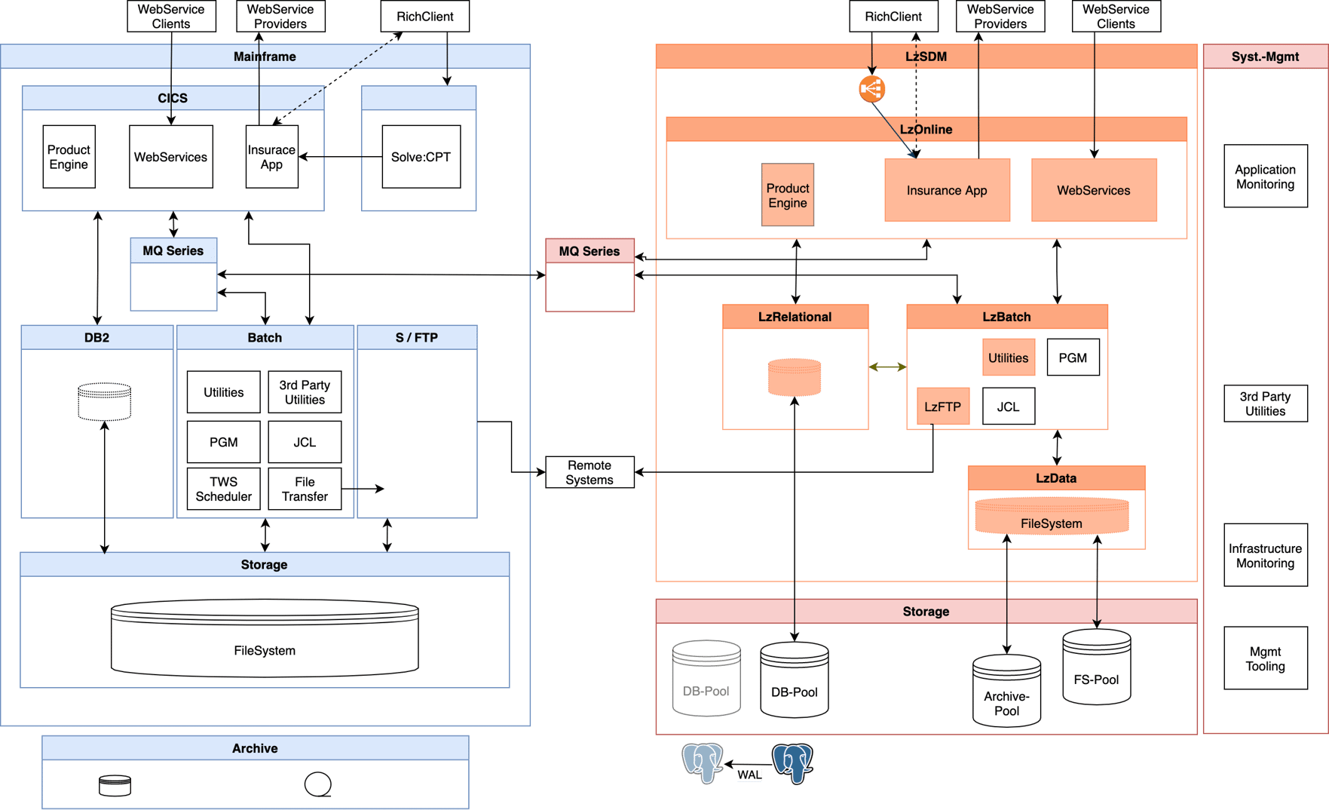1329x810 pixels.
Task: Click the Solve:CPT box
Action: [x=421, y=157]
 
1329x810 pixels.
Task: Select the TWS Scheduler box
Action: [x=223, y=489]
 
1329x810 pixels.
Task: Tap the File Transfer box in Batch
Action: [x=305, y=489]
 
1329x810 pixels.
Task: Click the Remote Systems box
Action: [x=589, y=473]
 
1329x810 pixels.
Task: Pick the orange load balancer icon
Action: [x=871, y=89]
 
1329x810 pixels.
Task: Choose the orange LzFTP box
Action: [x=942, y=407]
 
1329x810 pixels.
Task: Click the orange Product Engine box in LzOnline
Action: [x=788, y=195]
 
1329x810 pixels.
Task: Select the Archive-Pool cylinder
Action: [x=1006, y=691]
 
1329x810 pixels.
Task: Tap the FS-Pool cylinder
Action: [x=1096, y=668]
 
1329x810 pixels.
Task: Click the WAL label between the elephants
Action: [x=749, y=775]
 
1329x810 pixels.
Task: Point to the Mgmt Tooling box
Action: [x=1265, y=658]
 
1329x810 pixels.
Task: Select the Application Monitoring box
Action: [x=1265, y=176]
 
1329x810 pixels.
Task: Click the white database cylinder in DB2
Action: [x=105, y=401]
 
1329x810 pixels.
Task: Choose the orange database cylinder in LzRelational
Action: [x=794, y=377]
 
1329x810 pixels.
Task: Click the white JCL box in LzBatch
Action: [x=1008, y=407]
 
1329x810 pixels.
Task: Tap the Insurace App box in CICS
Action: [x=272, y=157]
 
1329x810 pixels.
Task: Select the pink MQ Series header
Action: [x=589, y=251]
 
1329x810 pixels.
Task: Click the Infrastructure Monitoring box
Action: [x=1265, y=555]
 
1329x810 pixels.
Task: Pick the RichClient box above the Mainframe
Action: [x=425, y=17]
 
